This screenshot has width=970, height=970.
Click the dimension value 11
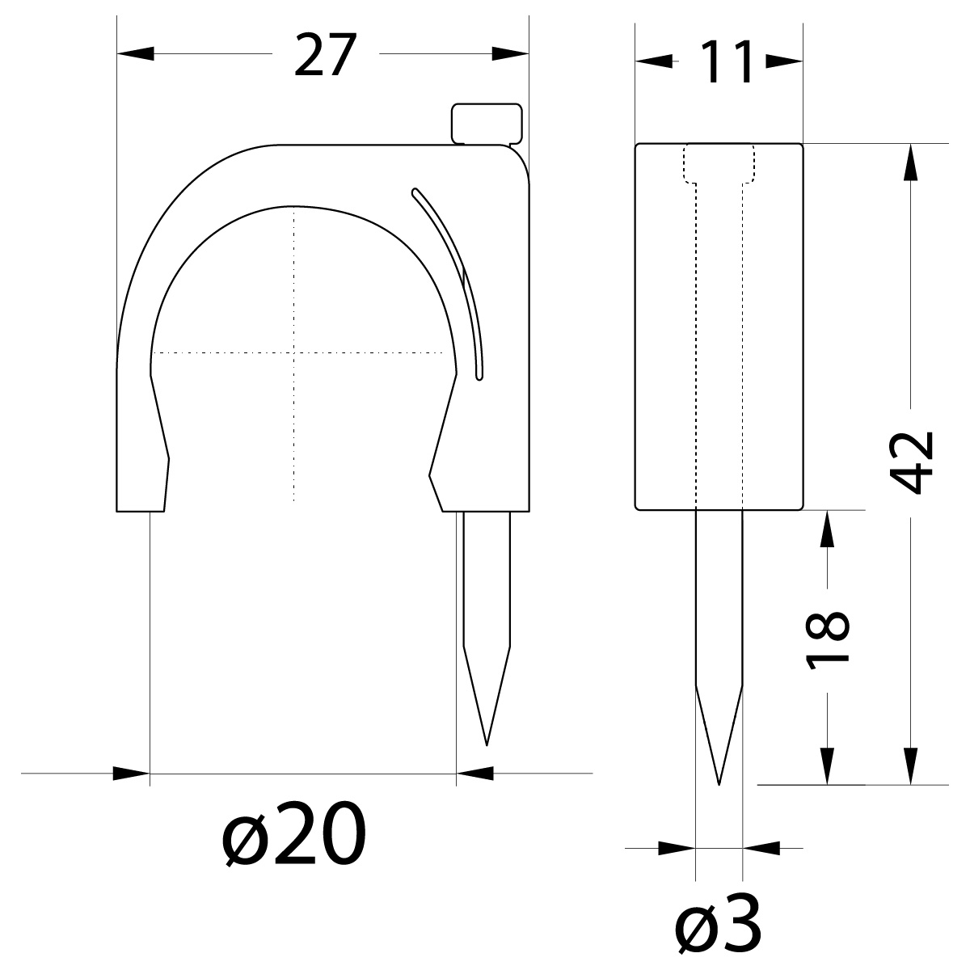coord(719,61)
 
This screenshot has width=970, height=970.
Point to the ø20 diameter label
coord(295,836)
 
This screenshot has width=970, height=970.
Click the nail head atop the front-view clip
coord(486,123)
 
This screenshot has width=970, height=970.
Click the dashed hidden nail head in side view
coord(719,163)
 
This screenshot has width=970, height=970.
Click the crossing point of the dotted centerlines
coord(294,352)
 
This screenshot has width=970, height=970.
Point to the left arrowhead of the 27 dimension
coord(135,54)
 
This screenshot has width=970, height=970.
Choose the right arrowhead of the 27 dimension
coord(511,54)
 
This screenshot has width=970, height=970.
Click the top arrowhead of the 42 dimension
coord(912,162)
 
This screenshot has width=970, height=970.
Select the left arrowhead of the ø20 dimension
coord(132,774)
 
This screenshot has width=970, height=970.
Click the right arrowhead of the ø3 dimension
coord(761,848)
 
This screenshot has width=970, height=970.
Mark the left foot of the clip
coord(141,493)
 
